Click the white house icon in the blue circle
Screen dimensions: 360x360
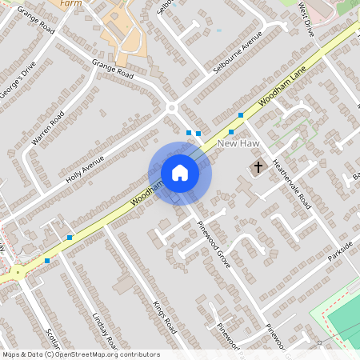(x=180, y=173)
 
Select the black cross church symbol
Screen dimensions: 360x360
(x=258, y=167)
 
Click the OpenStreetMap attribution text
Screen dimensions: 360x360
(x=80, y=354)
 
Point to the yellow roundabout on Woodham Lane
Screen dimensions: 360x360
(x=17, y=273)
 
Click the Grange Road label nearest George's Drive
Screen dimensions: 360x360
(x=36, y=20)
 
